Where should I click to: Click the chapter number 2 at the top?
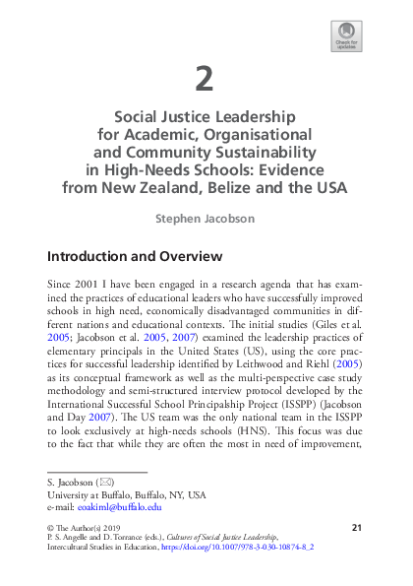(x=206, y=77)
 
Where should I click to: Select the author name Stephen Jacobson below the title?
(x=206, y=218)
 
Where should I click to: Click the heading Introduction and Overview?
(x=135, y=257)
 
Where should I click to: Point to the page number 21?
(x=357, y=530)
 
